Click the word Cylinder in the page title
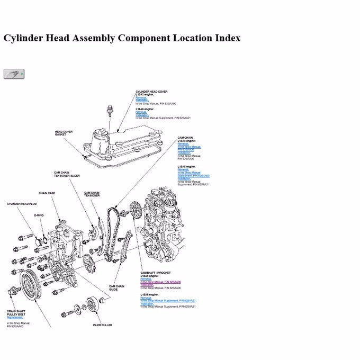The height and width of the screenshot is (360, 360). point(27,38)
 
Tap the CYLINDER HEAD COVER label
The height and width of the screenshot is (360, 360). point(151,92)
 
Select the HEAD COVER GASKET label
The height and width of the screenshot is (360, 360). point(64,133)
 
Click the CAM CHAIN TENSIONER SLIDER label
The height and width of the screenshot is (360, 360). point(67,174)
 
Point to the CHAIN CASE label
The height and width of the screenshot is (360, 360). point(47,193)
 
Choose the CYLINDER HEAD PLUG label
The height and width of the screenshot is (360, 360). point(22,203)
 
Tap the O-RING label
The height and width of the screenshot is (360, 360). point(39,216)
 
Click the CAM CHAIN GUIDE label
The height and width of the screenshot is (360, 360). point(117,288)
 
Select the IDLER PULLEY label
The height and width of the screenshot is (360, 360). point(102,325)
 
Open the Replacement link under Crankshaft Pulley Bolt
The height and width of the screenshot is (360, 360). point(15,318)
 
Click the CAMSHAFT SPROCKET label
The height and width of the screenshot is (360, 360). point(156,273)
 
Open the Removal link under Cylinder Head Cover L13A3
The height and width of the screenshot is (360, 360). point(141,97)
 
